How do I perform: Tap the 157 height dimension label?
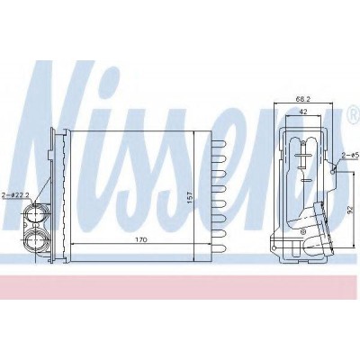(190, 197)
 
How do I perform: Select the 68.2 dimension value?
(303, 99)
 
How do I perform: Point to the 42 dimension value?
(303, 112)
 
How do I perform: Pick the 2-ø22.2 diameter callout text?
(15, 195)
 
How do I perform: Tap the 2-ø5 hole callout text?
(349, 155)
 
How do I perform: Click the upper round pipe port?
(35, 213)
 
